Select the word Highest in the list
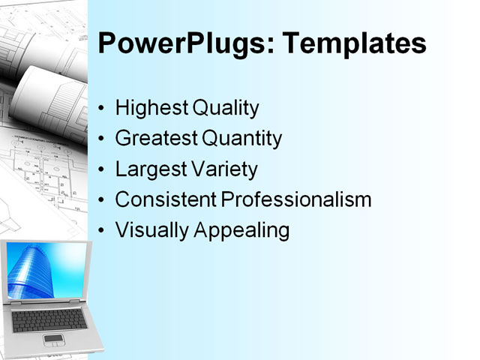(151, 108)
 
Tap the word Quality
(226, 108)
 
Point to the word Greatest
(156, 139)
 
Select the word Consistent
(166, 199)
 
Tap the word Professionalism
(297, 199)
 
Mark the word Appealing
(241, 230)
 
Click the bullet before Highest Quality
(102, 109)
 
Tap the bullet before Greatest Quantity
(102, 139)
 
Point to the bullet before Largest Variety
(102, 170)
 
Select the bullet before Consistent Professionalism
(102, 200)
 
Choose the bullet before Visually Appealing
(102, 231)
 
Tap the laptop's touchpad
(53, 340)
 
